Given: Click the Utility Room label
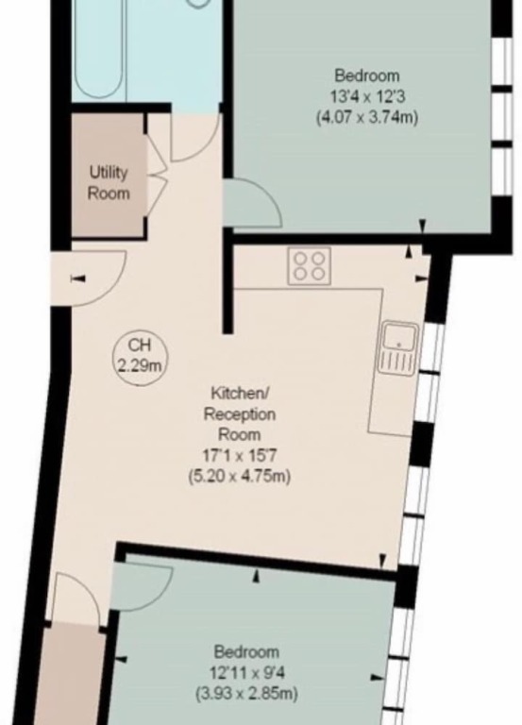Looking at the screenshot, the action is click(x=109, y=183).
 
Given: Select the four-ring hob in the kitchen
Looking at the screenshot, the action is click(x=310, y=266).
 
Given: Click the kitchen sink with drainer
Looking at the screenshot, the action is click(x=399, y=348).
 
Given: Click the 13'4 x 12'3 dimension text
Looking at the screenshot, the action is click(x=367, y=96).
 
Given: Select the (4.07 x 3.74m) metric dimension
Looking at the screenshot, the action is click(x=367, y=117).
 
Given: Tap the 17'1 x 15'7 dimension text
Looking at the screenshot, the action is click(x=240, y=456).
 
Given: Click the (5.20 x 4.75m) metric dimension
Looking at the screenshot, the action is click(x=240, y=476).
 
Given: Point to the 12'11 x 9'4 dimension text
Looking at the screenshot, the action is click(x=247, y=672).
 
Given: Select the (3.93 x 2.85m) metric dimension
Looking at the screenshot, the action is click(x=246, y=693).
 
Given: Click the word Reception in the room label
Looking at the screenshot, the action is click(x=240, y=413).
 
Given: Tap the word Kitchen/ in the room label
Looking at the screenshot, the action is click(x=240, y=394).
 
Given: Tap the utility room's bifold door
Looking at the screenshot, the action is click(x=157, y=176).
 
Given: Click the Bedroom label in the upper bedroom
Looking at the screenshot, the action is click(x=367, y=76).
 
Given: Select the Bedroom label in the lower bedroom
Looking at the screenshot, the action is click(x=247, y=652).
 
